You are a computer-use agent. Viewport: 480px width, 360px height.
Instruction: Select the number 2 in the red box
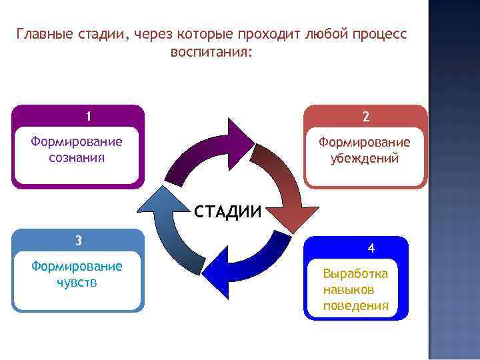(x=365, y=116)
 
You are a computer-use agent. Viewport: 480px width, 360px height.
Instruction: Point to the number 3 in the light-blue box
(x=78, y=240)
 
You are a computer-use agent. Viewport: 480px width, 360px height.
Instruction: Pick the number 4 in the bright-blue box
(x=371, y=248)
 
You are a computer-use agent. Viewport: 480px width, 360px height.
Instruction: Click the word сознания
(x=77, y=158)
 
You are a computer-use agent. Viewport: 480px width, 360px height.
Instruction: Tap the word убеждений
(x=365, y=159)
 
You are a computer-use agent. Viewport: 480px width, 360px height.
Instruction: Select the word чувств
(x=77, y=282)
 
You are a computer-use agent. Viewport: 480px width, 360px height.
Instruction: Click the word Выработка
(x=355, y=274)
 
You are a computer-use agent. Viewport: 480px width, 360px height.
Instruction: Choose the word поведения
(x=355, y=306)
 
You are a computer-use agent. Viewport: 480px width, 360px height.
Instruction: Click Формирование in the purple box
(x=77, y=142)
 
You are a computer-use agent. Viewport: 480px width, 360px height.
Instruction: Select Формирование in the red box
(x=365, y=143)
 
